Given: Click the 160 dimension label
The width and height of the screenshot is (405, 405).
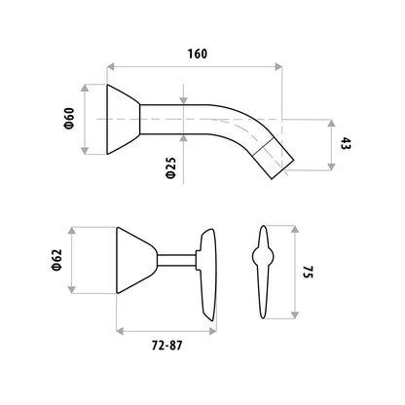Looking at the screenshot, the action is (x=198, y=54).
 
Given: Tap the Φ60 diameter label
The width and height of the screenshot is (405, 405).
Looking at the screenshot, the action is (x=69, y=119).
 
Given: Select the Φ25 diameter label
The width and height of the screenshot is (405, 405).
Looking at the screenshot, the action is (x=170, y=168).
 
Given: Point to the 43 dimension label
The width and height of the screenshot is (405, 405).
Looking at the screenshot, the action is (x=346, y=143).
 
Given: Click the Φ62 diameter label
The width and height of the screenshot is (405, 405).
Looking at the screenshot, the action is (x=56, y=260).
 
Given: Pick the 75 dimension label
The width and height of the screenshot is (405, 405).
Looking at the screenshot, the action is (x=308, y=272).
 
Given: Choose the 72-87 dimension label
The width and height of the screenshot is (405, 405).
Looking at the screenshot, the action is (x=166, y=346).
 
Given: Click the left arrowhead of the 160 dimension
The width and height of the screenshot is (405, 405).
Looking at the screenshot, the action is (x=111, y=67).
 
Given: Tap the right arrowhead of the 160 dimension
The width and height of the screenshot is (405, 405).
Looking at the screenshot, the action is (x=278, y=67).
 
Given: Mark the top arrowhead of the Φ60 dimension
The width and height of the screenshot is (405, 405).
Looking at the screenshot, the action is (x=85, y=88).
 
